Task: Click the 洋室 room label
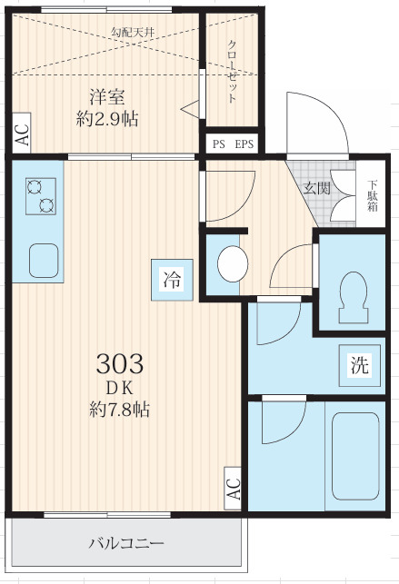(x=106, y=96)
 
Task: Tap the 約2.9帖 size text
(x=106, y=118)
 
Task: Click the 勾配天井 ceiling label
(x=132, y=33)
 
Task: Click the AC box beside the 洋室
(x=21, y=134)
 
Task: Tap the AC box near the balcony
(x=233, y=489)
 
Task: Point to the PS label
(x=218, y=144)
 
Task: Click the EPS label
(x=244, y=144)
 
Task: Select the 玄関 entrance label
(x=316, y=189)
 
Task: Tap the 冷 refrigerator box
(x=172, y=280)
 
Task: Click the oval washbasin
(x=234, y=264)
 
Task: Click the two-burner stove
(x=41, y=194)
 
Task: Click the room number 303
(x=120, y=365)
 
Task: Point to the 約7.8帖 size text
(x=120, y=410)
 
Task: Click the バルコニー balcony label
(x=126, y=544)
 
